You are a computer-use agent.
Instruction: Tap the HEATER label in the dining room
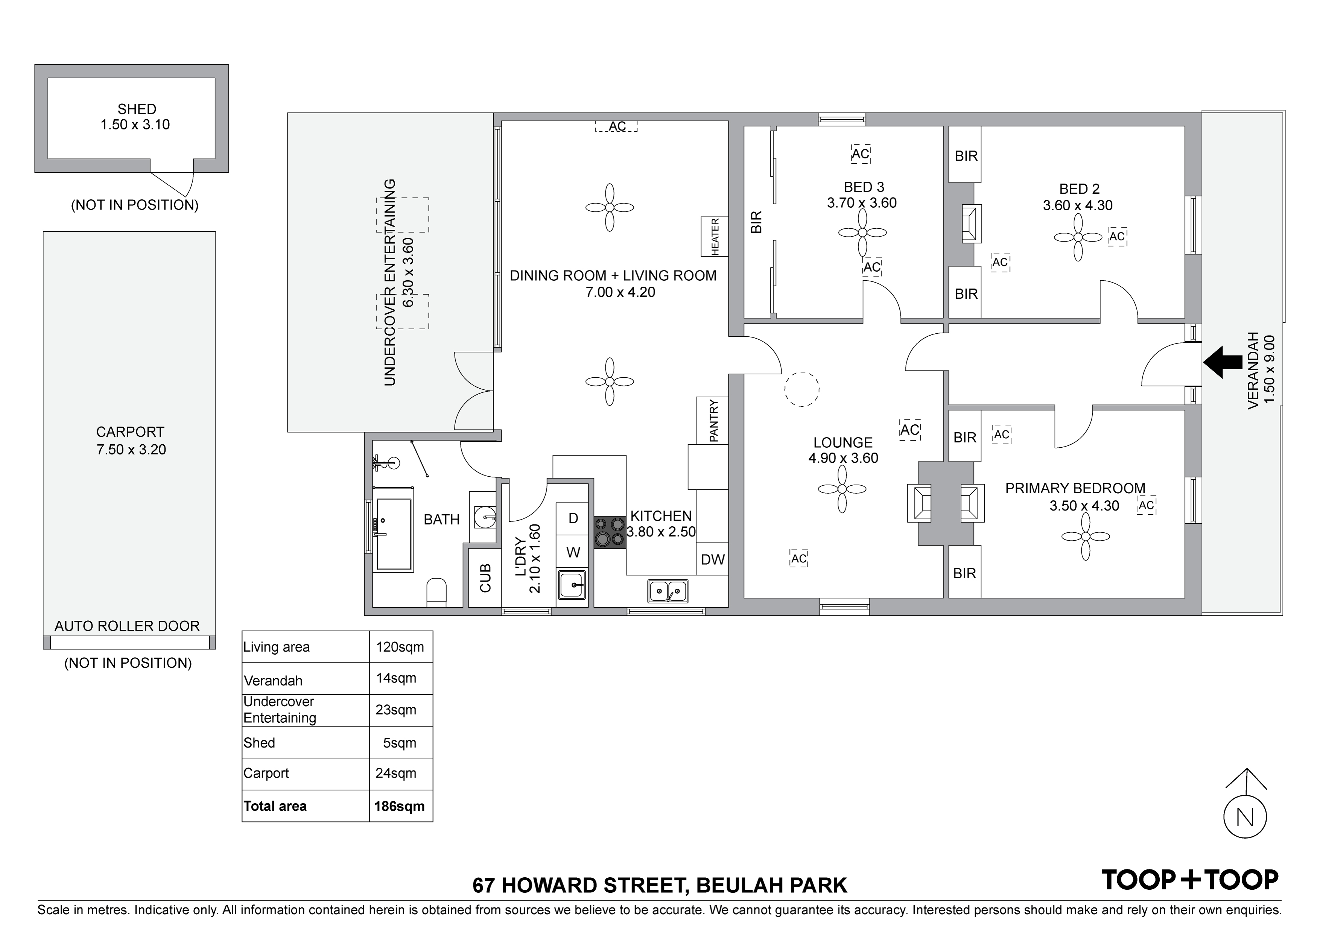click(715, 236)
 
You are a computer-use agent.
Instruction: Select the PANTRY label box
click(712, 420)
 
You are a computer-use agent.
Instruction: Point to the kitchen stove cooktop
click(610, 532)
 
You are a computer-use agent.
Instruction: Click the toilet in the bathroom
click(436, 593)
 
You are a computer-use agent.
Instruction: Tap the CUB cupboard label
click(485, 578)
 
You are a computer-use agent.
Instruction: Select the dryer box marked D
click(573, 518)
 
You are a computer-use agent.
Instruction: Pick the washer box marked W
click(573, 552)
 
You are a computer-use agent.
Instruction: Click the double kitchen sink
click(668, 590)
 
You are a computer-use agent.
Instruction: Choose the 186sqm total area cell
click(400, 806)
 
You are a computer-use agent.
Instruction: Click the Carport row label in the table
click(266, 773)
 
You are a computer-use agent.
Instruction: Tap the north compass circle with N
click(1245, 817)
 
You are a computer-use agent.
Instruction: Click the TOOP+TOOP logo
click(1189, 880)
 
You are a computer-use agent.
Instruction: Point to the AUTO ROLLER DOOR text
click(127, 626)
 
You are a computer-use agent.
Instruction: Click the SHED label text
click(137, 109)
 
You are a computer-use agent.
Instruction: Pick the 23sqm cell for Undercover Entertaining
click(395, 710)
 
